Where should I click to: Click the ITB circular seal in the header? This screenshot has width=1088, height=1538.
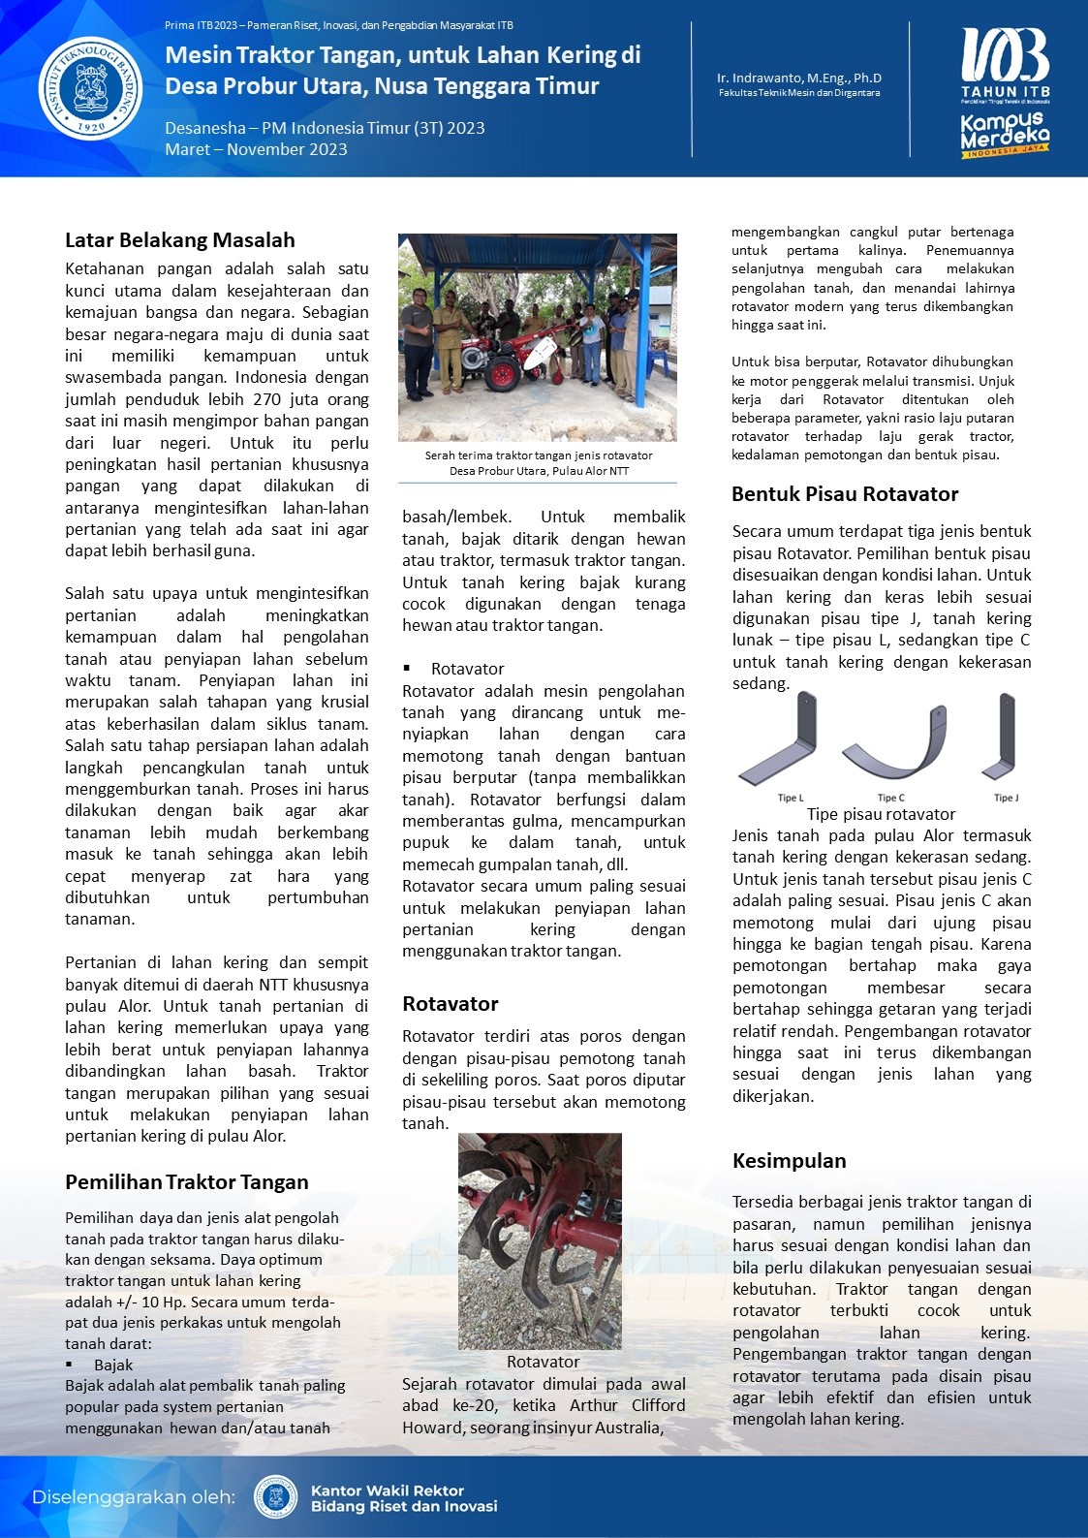tap(90, 88)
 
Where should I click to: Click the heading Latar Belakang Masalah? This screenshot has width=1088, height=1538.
tap(180, 240)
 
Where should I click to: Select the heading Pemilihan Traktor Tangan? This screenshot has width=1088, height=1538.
tap(187, 1182)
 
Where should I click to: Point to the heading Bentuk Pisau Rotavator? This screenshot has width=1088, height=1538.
tap(845, 494)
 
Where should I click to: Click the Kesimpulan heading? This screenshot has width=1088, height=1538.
tap(789, 1161)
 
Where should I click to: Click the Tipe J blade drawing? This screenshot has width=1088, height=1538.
tap(1005, 737)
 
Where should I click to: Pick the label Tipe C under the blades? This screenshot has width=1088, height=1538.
tap(890, 798)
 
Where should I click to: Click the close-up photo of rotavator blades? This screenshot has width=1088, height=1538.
tap(540, 1241)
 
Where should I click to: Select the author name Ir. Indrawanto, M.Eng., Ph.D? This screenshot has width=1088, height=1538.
tap(799, 78)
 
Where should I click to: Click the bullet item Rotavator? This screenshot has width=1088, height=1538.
tap(467, 669)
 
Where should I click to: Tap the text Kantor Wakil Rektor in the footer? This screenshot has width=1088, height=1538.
tap(387, 1491)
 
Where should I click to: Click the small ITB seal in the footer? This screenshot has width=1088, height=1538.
tap(275, 1497)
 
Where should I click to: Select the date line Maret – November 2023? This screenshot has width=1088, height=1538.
tap(256, 149)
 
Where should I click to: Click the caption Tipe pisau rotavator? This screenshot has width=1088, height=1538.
tap(881, 814)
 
